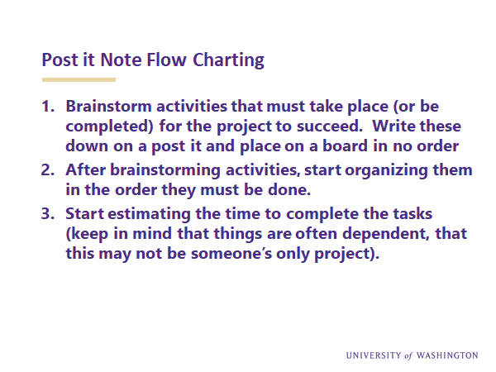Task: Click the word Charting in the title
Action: (228, 60)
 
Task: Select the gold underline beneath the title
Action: (79, 79)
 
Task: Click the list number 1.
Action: (48, 107)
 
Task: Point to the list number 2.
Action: (48, 170)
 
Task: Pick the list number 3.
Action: (48, 214)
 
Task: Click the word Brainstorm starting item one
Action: (108, 107)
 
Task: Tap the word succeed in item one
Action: (329, 126)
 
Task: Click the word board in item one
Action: (345, 145)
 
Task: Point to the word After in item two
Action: (85, 169)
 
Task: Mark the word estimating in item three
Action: (149, 215)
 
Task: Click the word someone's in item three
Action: (231, 254)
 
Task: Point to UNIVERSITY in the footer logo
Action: (374, 355)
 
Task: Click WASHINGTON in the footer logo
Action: (447, 355)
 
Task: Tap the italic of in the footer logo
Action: (408, 356)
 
